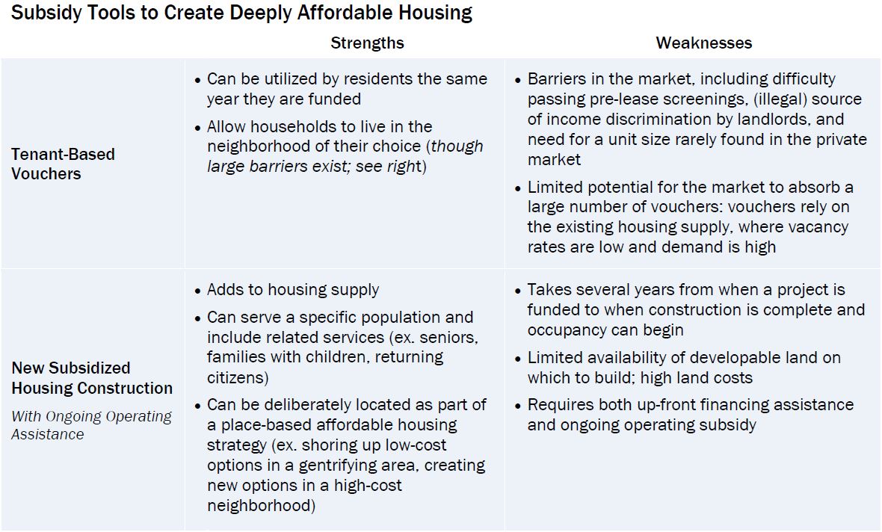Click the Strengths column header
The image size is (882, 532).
coord(367,43)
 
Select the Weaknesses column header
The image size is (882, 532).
coord(703,43)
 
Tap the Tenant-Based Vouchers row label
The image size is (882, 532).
coord(63,164)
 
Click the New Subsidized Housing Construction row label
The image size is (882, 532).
coord(91,378)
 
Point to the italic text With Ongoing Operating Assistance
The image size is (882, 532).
coord(90,425)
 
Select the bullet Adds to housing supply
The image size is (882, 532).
coord(292,290)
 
